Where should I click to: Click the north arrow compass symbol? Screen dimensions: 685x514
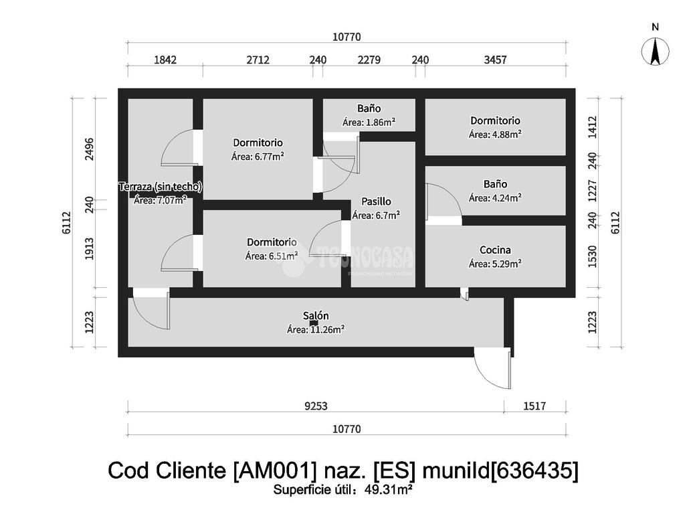(x=655, y=52)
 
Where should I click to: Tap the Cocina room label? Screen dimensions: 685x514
(x=495, y=250)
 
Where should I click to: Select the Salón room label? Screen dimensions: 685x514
(x=316, y=316)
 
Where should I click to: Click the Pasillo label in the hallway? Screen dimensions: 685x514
(x=376, y=201)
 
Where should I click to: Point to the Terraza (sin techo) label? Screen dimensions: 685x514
(x=161, y=187)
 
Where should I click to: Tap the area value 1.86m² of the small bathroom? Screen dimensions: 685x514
(x=381, y=122)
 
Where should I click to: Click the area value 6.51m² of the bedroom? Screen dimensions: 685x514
(x=284, y=256)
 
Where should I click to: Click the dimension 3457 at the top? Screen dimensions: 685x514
(x=495, y=60)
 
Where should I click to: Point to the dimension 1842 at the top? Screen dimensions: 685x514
(x=165, y=60)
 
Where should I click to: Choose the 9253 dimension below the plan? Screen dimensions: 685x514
(x=316, y=406)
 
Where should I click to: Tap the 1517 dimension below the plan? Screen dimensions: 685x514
(x=534, y=406)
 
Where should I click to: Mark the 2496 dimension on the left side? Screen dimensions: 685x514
(x=90, y=149)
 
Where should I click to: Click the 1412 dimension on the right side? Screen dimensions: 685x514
(x=593, y=126)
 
